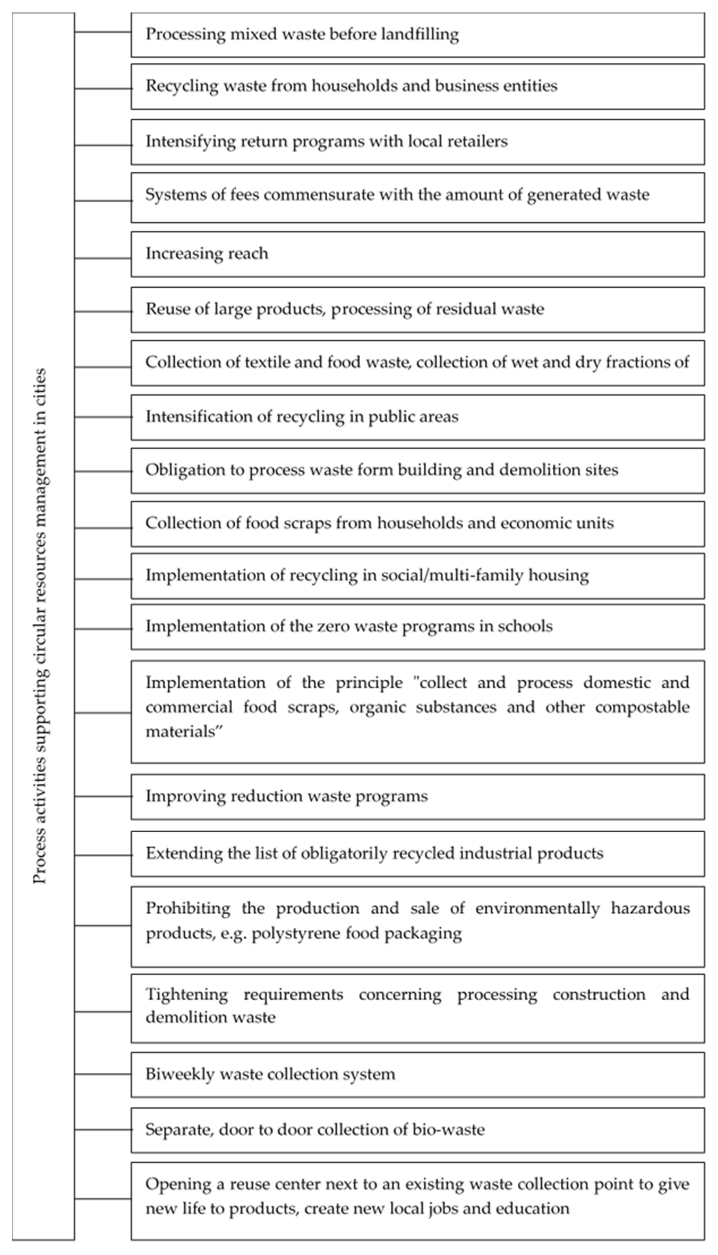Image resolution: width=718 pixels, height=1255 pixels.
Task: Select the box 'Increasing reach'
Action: pyautogui.click(x=417, y=254)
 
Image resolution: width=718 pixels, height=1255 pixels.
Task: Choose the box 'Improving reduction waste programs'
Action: pyautogui.click(x=417, y=796)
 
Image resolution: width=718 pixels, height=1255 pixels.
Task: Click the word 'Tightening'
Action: pyautogui.click(x=186, y=994)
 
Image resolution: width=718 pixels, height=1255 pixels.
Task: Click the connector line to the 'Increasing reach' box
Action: pyautogui.click(x=103, y=258)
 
